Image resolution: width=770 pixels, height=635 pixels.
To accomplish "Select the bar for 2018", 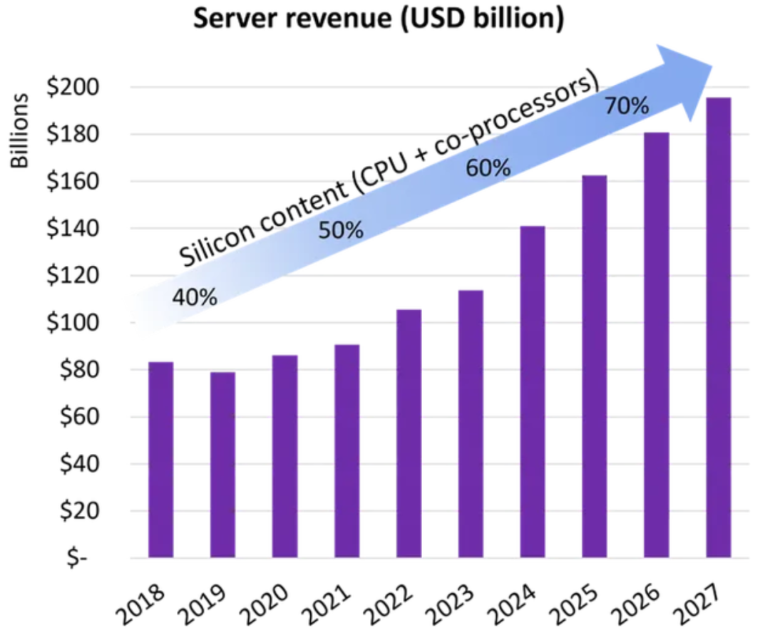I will [x=160, y=460].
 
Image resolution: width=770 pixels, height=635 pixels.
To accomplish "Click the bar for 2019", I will [x=222, y=465].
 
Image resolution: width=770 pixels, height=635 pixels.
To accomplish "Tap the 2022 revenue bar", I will [x=409, y=433].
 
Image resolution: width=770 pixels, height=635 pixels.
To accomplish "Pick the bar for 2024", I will [x=533, y=391].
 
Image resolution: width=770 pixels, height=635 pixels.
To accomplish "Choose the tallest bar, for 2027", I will [x=718, y=327].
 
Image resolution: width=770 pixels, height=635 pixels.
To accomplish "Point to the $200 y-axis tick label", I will [x=73, y=88].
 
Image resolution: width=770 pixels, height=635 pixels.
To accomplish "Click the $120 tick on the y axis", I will [x=73, y=276].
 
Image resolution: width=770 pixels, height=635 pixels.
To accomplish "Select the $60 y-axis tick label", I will [x=75, y=417].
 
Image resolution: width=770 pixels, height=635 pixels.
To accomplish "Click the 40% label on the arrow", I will [x=194, y=296].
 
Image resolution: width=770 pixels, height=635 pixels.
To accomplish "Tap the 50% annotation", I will [x=341, y=231].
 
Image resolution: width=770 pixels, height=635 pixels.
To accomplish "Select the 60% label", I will [x=488, y=168].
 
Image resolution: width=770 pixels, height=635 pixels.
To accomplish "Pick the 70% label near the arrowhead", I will [x=626, y=107].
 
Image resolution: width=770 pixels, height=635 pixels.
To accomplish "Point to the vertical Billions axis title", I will [x=21, y=131].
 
